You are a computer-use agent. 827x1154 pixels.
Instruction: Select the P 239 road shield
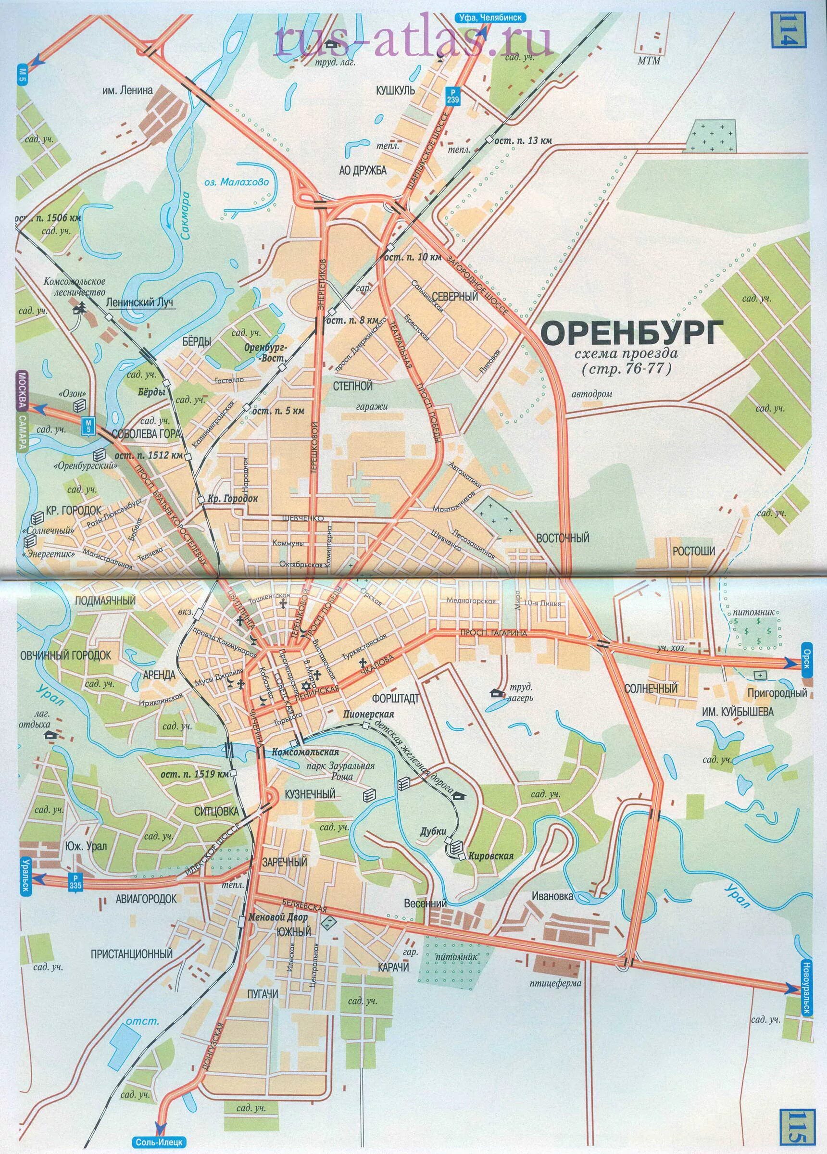(x=452, y=96)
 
